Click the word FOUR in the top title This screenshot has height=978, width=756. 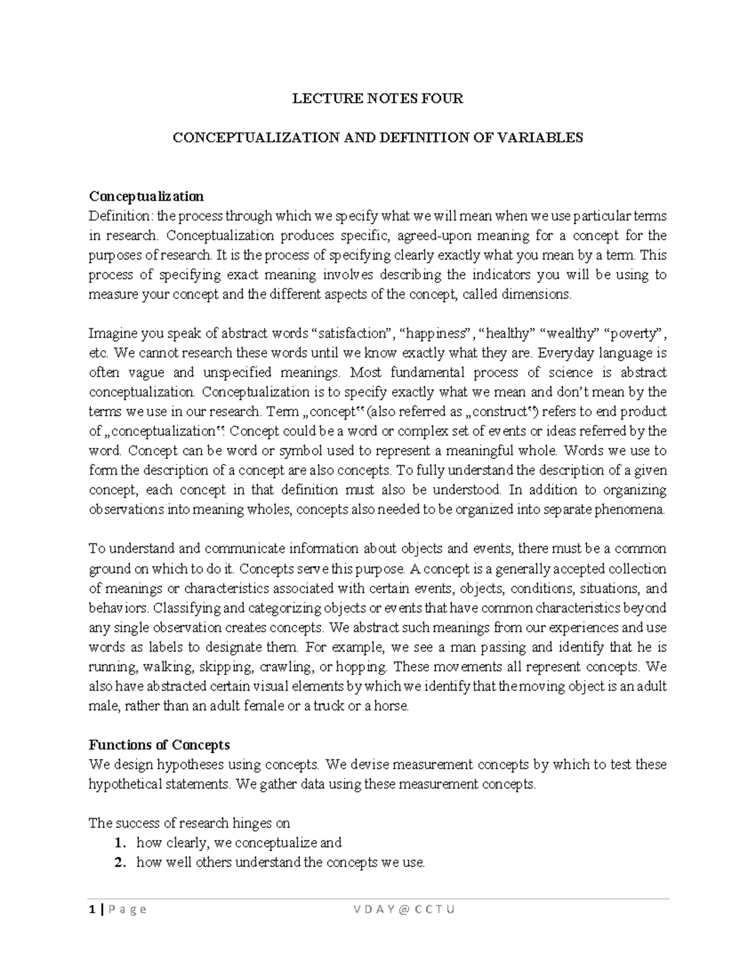(444, 98)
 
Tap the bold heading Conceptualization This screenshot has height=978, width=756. (146, 196)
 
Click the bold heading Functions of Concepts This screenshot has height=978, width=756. (159, 745)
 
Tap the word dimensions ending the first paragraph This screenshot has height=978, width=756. (540, 294)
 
